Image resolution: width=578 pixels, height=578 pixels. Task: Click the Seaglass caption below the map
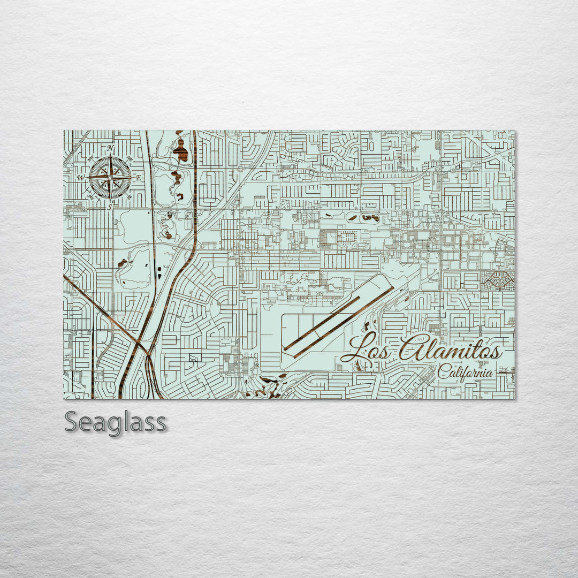coord(115,422)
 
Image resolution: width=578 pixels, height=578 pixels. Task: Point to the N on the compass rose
coord(110,148)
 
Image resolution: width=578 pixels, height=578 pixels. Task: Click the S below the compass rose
coord(110,206)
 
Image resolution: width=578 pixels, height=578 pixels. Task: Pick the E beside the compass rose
coord(138,178)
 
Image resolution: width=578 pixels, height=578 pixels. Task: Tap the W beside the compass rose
coord(81,177)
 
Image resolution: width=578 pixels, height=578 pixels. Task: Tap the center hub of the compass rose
coord(110,177)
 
